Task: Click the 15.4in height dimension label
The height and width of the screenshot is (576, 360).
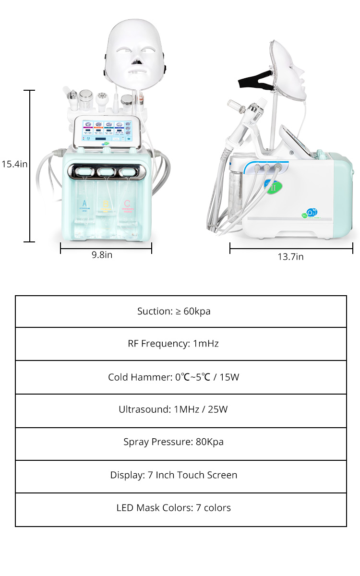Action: click(14, 164)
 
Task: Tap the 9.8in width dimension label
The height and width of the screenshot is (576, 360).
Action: click(102, 255)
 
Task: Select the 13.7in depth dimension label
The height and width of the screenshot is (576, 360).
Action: click(290, 256)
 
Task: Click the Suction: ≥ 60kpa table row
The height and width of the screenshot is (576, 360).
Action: click(180, 312)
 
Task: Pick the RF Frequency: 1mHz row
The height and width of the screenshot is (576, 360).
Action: click(180, 344)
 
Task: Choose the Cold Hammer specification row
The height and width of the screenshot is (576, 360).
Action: click(180, 377)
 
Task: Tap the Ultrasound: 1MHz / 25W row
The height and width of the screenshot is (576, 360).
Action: click(180, 410)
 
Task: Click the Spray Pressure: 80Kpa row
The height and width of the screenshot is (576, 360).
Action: click(180, 442)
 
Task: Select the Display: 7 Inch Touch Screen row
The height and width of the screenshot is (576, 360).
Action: click(180, 475)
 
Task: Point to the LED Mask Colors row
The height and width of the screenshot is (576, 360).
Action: click(180, 508)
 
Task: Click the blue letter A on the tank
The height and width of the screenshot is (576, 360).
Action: click(84, 203)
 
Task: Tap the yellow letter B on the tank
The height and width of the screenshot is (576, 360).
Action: click(106, 204)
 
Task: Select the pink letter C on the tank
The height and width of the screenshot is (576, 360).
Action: click(127, 204)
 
